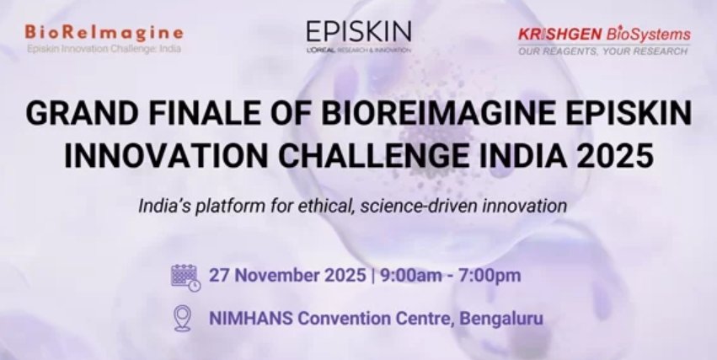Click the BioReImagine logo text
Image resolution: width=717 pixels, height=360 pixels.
pos(104,33)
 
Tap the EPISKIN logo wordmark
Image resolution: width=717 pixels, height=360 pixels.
pos(359,31)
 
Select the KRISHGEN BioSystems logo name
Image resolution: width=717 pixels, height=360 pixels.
pos(604,35)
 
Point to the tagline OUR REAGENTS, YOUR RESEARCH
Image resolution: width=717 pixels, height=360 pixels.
pos(602,51)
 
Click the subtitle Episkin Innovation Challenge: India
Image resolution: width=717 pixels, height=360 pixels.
pos(104,48)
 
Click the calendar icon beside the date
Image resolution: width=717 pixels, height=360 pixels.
pos(185,277)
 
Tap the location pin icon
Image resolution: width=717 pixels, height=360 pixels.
pos(183,318)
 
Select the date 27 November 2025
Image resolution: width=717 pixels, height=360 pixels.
pos(287,276)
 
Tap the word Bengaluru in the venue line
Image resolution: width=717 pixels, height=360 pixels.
pos(501,319)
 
